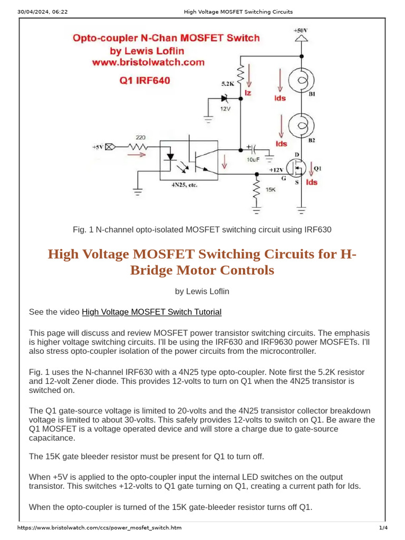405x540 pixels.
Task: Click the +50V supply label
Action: tap(301, 31)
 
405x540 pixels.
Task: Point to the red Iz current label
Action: tap(247, 93)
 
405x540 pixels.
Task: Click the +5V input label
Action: tap(98, 147)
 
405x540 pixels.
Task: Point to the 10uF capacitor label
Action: tap(254, 158)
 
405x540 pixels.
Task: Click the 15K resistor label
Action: tap(270, 189)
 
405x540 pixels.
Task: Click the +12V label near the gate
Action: tap(276, 170)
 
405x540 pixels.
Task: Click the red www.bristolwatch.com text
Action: tap(148, 62)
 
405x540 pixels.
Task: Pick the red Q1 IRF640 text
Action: tap(143, 81)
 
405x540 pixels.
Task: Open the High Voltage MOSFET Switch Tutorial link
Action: tap(151, 312)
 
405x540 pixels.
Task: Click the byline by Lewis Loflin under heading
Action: tap(202, 291)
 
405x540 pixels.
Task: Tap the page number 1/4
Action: tap(383, 528)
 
